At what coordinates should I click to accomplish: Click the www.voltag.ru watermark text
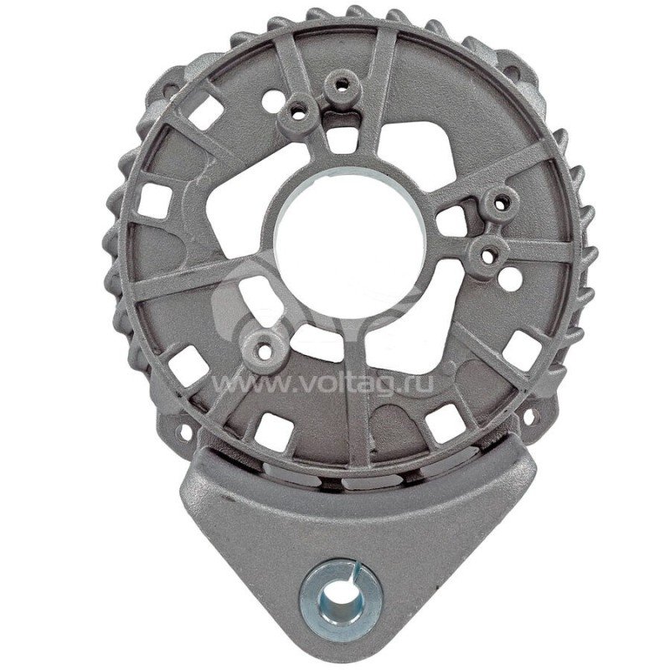pyautogui.click(x=335, y=384)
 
